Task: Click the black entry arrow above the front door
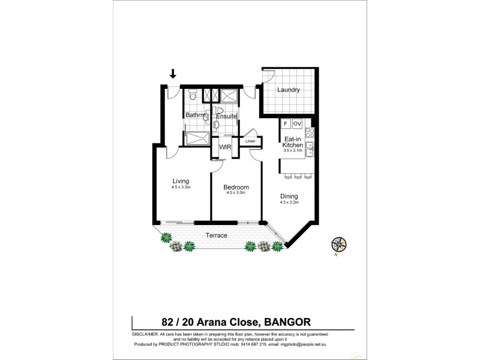[173, 74]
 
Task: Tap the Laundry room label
[287, 91]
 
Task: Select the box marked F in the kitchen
[286, 124]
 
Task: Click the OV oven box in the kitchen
[297, 124]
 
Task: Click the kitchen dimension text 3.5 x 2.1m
[292, 151]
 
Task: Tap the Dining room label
[289, 196]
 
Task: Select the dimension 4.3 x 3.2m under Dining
[289, 203]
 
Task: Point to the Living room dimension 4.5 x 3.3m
[181, 187]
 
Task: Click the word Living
[181, 181]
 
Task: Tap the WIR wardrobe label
[225, 146]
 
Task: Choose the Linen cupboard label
[250, 142]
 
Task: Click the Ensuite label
[227, 115]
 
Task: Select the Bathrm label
[195, 115]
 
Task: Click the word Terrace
[217, 235]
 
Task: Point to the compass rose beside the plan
[338, 244]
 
